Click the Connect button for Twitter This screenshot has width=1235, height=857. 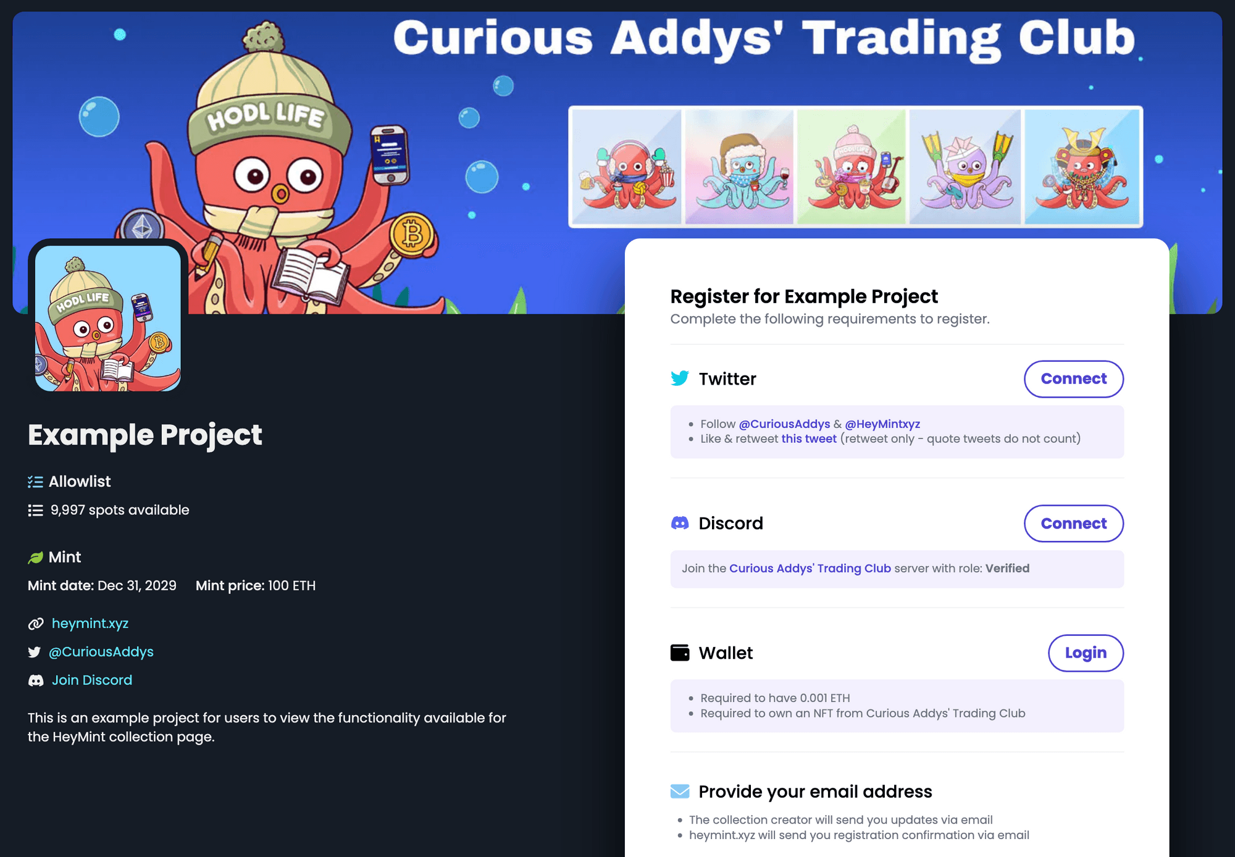1073,378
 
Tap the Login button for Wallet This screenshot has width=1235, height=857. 1085,653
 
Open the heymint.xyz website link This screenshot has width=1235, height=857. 90,623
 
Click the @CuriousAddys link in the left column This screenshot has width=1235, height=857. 101,651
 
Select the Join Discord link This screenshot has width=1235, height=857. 92,680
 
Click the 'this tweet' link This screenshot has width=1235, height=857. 809,438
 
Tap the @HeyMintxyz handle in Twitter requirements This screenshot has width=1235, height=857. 882,424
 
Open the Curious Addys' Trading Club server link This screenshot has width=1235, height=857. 810,568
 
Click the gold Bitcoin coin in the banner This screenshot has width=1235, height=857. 412,235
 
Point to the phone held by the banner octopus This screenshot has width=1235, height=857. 390,154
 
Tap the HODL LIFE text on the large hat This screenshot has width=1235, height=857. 266,116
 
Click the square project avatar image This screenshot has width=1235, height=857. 108,318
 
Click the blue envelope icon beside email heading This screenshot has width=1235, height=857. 680,791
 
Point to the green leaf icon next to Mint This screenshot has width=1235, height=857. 36,558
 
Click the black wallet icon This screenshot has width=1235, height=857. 680,653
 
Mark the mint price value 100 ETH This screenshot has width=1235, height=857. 291,585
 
